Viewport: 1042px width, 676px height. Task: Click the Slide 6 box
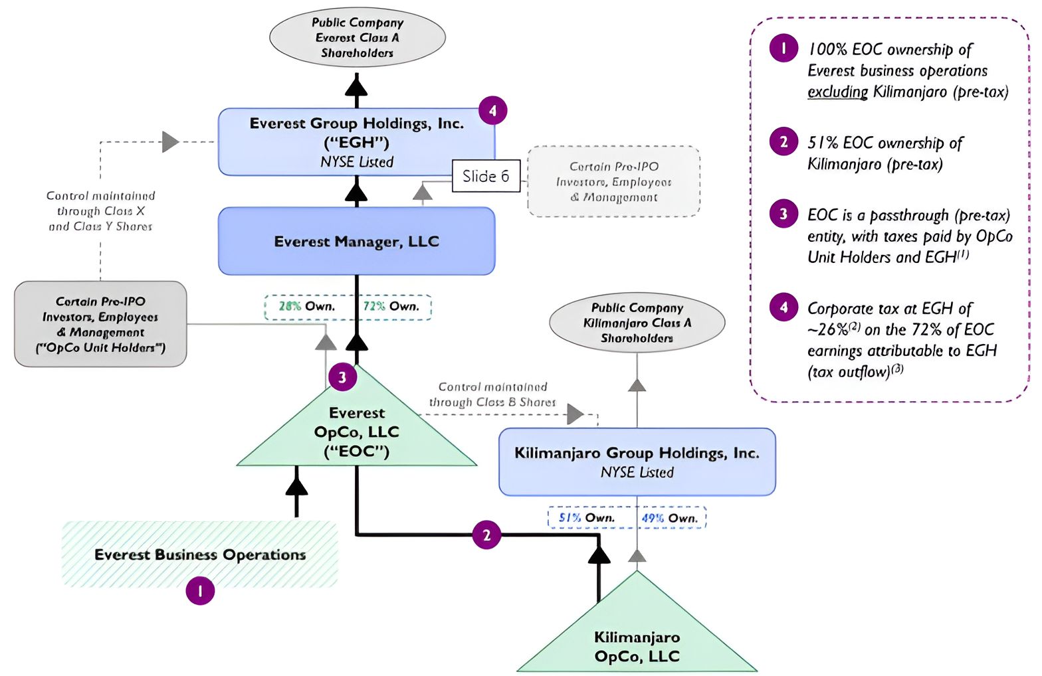(x=486, y=176)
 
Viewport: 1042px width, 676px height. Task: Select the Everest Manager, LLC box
(x=356, y=241)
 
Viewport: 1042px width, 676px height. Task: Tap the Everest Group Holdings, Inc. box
(x=356, y=141)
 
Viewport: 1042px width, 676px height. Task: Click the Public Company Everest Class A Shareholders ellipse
(x=357, y=37)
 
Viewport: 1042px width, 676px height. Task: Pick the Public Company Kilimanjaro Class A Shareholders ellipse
(x=637, y=323)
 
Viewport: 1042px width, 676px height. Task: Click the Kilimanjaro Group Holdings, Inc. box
(x=637, y=462)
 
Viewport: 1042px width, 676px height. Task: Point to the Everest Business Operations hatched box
(x=199, y=554)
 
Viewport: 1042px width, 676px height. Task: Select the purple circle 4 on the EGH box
(x=492, y=111)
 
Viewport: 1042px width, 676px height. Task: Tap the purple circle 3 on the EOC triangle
(x=342, y=377)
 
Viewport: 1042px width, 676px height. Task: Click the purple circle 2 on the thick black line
(x=486, y=535)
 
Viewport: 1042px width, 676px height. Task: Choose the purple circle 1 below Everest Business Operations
(x=200, y=590)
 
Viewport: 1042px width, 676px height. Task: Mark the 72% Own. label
(x=391, y=307)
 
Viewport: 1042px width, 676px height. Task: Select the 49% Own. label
(x=669, y=518)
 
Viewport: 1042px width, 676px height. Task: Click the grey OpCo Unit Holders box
(x=100, y=324)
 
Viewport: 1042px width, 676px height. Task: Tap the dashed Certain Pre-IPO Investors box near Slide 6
(x=613, y=181)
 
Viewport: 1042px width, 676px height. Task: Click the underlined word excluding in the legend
(x=837, y=92)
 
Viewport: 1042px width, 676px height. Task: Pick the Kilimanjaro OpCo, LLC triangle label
(x=637, y=647)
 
